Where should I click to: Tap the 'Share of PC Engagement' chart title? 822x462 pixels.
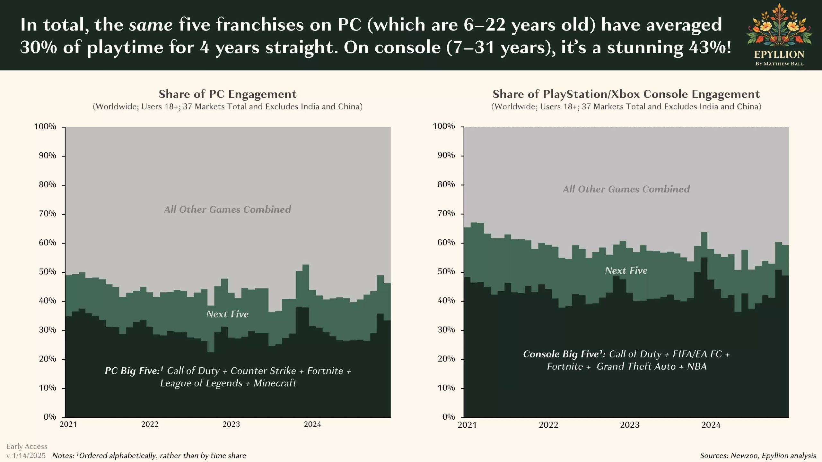click(227, 94)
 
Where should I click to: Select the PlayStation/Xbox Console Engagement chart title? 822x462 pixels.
click(626, 94)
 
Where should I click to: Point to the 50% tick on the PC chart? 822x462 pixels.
click(48, 272)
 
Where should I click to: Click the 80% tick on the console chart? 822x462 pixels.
click(446, 184)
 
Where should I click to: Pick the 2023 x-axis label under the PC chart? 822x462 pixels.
click(231, 424)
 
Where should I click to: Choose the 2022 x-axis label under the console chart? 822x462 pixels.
click(548, 425)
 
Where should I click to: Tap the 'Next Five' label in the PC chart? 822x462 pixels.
click(227, 314)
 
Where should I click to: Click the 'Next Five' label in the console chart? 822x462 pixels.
click(626, 270)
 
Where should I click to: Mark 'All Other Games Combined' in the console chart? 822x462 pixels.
click(626, 189)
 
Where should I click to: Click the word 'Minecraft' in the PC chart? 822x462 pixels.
click(275, 383)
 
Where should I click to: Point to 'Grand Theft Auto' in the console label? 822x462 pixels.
click(636, 366)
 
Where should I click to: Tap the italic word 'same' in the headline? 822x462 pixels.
click(151, 25)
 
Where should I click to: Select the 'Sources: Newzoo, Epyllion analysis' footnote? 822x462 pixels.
click(758, 456)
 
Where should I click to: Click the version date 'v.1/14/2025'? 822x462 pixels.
click(26, 456)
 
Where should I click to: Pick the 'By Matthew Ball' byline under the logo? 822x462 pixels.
click(779, 64)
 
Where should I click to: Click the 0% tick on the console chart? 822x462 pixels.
click(448, 417)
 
